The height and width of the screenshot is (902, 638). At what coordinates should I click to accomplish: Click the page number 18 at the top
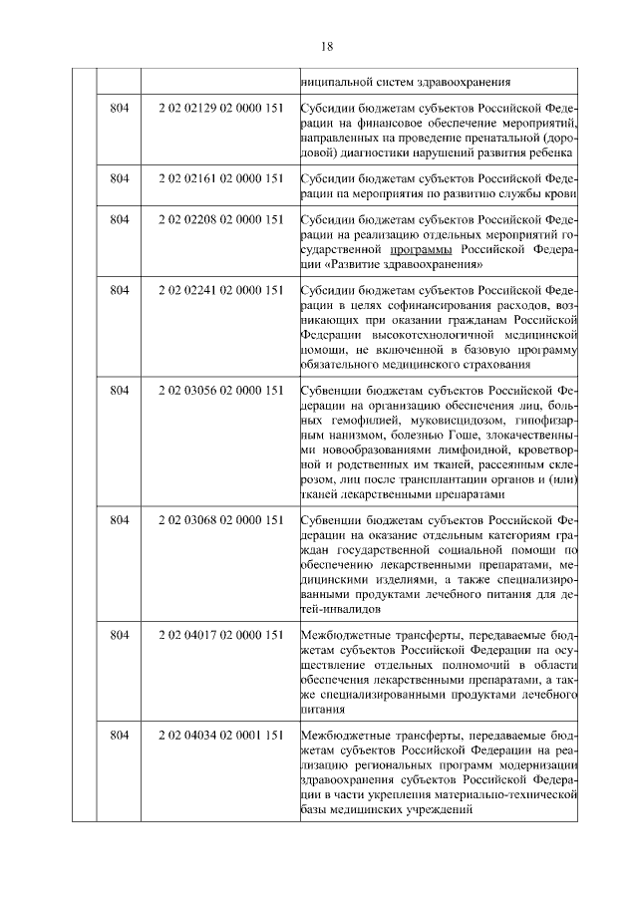click(x=327, y=47)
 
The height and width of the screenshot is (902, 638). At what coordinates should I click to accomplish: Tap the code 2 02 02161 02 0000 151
click(x=221, y=179)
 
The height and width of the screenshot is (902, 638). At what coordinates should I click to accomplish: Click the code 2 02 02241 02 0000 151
click(x=221, y=290)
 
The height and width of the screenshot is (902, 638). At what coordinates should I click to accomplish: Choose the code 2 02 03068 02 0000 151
click(x=221, y=520)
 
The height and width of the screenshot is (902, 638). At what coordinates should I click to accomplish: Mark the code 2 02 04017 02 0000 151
click(x=221, y=635)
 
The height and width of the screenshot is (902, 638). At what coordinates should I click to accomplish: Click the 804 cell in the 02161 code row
click(x=120, y=179)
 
